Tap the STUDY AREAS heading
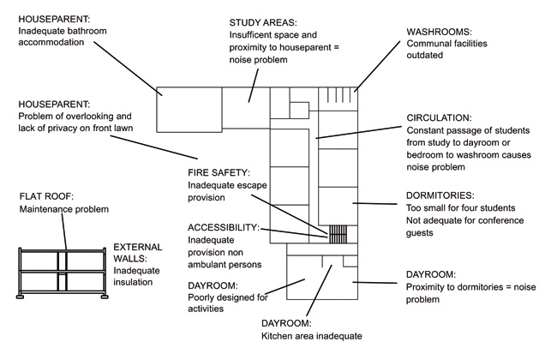[x=263, y=21]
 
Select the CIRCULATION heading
[x=439, y=117]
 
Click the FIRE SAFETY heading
[x=219, y=173]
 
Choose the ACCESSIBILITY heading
[x=223, y=227]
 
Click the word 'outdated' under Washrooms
[x=424, y=55]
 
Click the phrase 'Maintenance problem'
[x=65, y=209]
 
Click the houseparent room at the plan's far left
[x=183, y=109]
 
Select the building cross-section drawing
[x=63, y=272]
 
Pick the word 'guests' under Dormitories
[x=422, y=232]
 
